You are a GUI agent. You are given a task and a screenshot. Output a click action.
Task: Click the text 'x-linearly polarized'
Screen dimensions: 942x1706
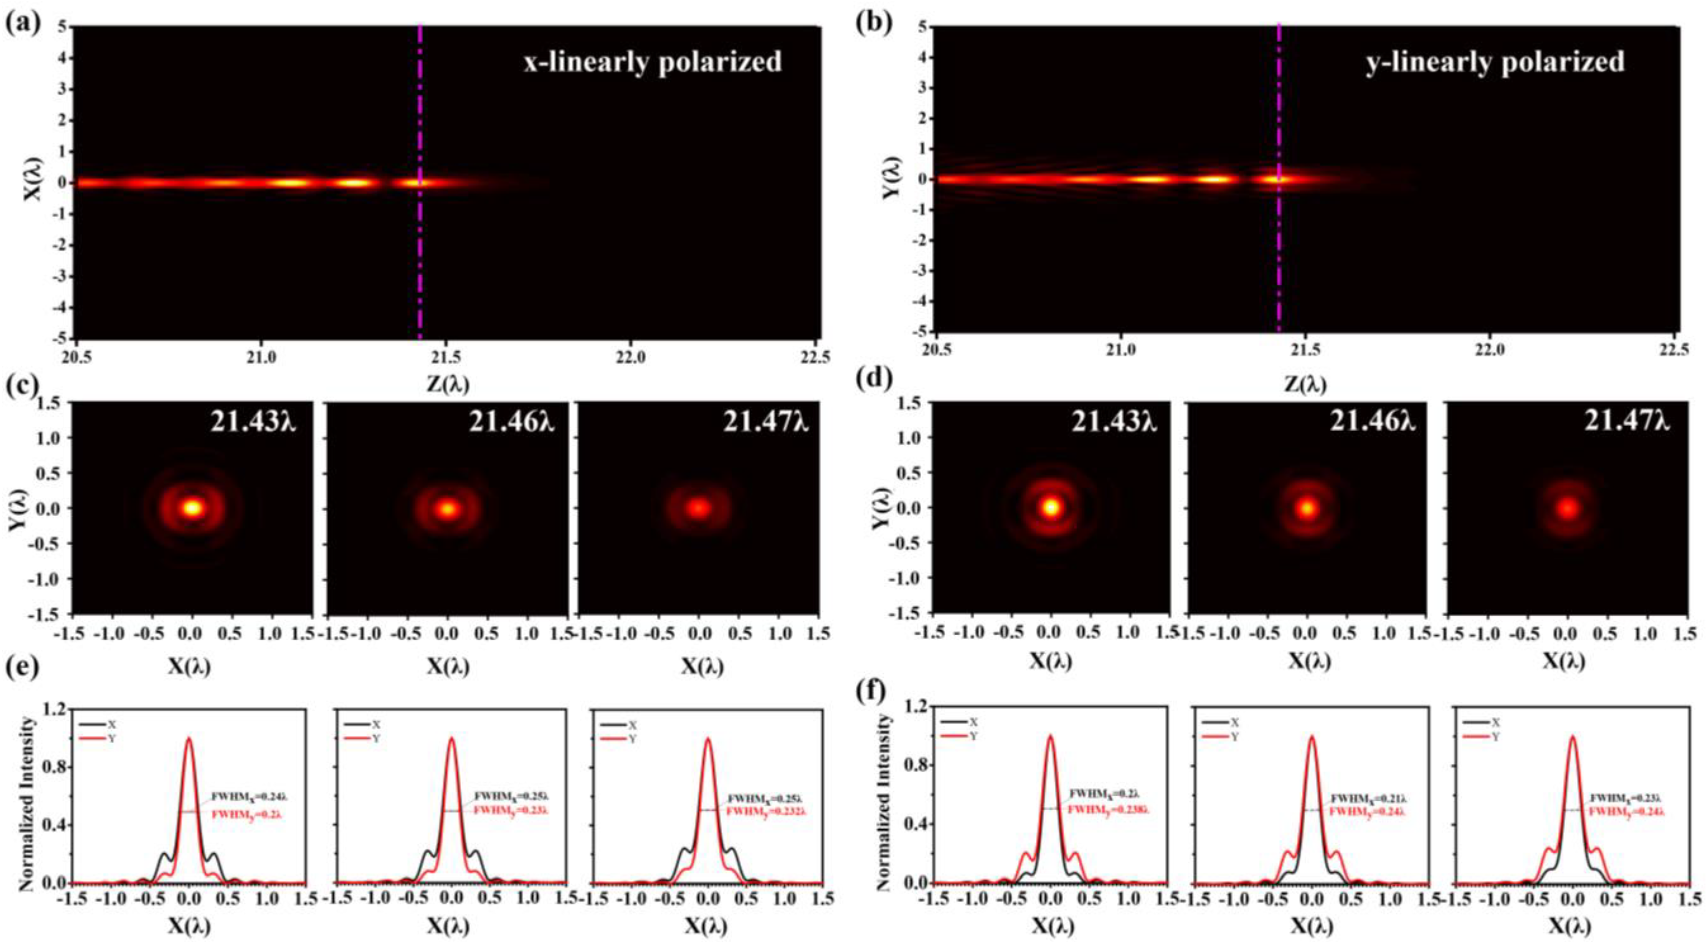click(x=653, y=62)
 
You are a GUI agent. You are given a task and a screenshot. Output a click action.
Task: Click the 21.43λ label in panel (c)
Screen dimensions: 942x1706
click(x=253, y=421)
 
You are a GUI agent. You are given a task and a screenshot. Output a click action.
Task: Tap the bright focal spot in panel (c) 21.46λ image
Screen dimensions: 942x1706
click(x=448, y=509)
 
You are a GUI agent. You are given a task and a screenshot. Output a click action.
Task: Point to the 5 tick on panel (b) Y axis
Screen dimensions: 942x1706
click(x=922, y=28)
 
